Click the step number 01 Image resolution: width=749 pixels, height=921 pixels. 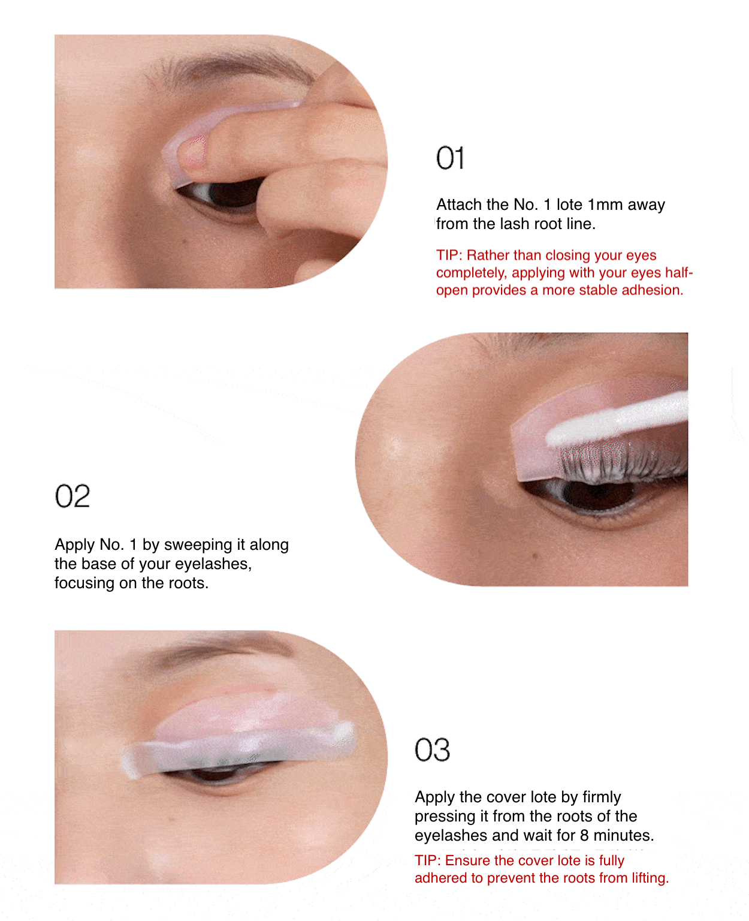click(x=450, y=159)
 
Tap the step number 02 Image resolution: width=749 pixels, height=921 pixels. click(x=73, y=496)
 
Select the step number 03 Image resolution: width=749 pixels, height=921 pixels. click(x=432, y=750)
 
